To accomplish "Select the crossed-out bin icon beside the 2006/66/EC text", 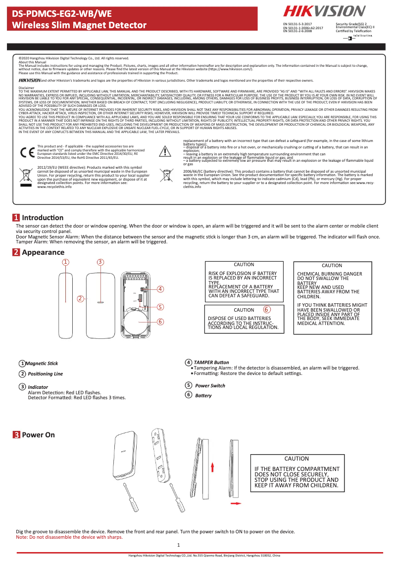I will click(x=166, y=175).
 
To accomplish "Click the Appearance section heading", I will click(x=43, y=252).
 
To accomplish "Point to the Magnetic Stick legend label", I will click(x=42, y=364).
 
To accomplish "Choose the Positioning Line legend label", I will click(x=45, y=374).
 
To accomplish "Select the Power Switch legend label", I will click(x=210, y=385).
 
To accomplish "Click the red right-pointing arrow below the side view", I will click(x=237, y=504).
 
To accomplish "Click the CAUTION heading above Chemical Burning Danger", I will click(x=331, y=266).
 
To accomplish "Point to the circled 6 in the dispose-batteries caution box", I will click(x=266, y=309).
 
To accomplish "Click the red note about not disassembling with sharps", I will click(x=69, y=537).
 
